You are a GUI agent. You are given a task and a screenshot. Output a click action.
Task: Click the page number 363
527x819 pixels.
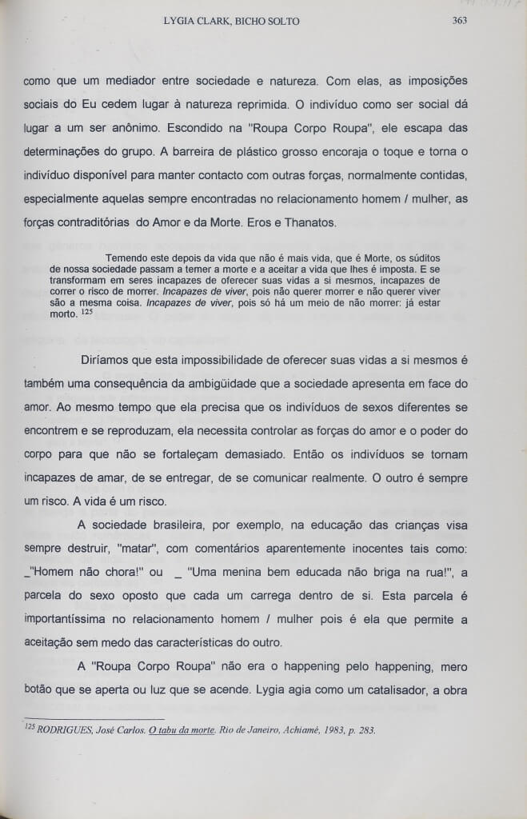(x=459, y=21)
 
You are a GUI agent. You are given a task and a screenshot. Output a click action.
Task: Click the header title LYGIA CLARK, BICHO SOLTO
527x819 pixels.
(x=231, y=21)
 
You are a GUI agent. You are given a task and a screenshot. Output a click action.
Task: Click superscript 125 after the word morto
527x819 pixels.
(x=87, y=311)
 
